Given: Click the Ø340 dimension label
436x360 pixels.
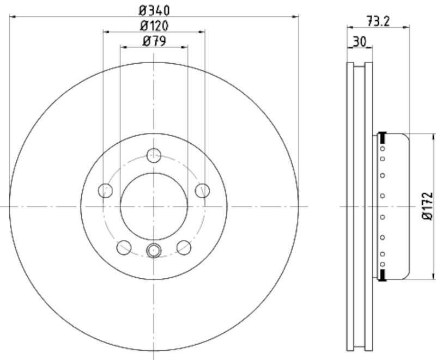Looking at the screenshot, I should (154, 10).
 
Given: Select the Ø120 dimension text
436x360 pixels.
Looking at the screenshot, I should (154, 25).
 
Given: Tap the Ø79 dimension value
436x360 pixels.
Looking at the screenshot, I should (154, 40).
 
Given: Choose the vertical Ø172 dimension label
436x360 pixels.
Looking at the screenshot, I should (428, 206).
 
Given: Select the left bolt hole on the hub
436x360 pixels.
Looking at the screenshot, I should (105, 190).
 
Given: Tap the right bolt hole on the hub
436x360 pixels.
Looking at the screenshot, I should (203, 190).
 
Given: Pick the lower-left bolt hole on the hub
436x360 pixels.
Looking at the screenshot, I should (124, 247).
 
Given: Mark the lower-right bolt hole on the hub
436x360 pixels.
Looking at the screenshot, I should (184, 247).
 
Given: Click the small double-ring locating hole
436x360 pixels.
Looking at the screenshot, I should (154, 251).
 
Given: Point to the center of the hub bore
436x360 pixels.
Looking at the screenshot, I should (154, 206).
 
